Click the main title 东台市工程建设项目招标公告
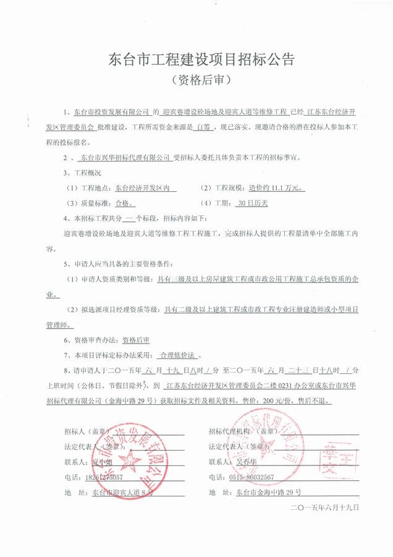coord(196,60)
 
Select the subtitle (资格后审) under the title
coord(196,81)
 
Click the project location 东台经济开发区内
coord(138,186)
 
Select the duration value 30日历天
coord(255,202)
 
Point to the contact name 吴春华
coord(247,462)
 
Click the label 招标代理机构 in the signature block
coord(229,430)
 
